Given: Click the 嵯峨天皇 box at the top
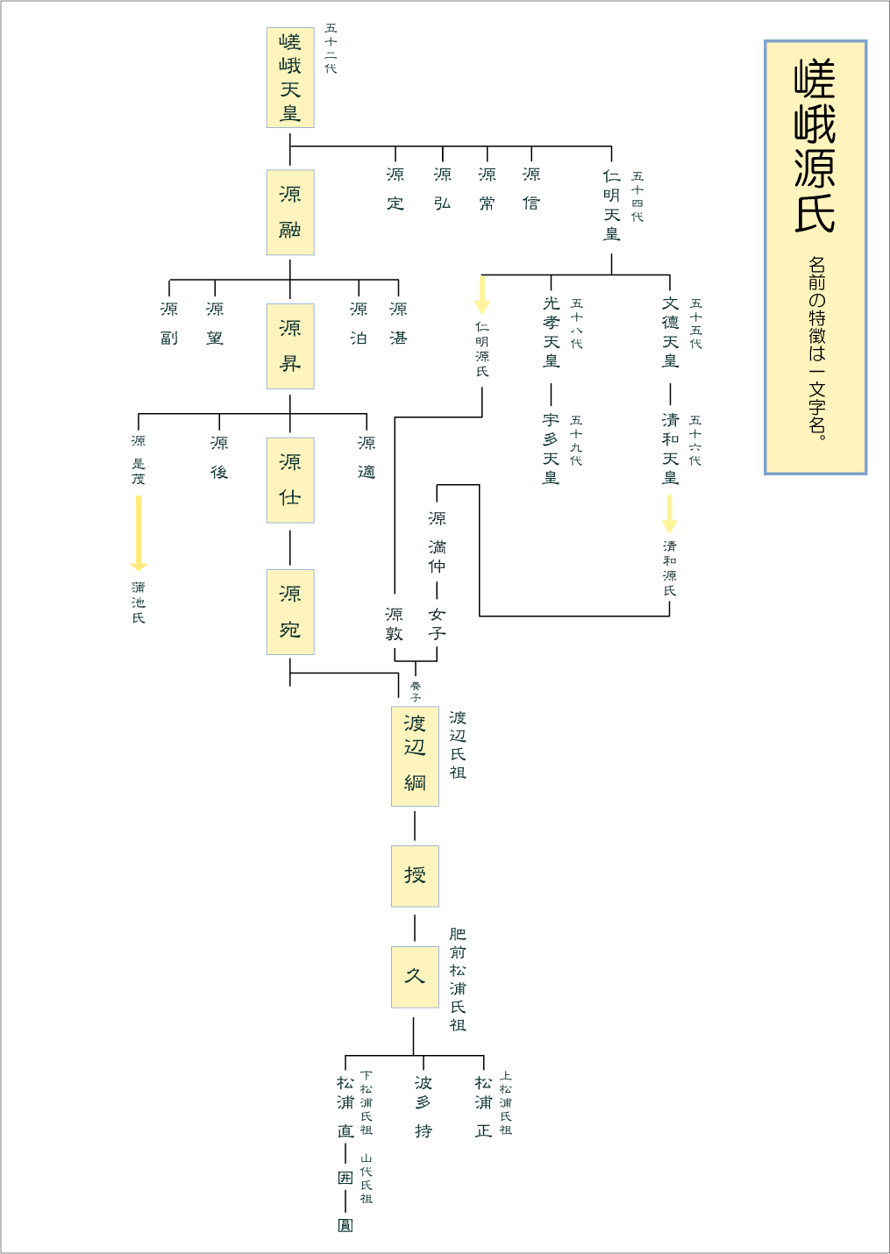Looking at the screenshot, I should click(x=290, y=77).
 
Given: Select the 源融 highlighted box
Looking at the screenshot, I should click(x=290, y=212).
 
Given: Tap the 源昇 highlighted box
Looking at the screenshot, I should click(x=290, y=346).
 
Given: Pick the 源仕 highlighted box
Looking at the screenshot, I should click(x=290, y=480).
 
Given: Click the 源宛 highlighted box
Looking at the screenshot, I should click(x=290, y=612).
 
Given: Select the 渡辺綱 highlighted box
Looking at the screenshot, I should click(x=415, y=756).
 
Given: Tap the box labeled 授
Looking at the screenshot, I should click(x=415, y=876).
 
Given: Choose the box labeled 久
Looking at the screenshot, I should click(x=415, y=977).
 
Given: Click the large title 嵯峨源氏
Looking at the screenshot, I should click(x=815, y=147).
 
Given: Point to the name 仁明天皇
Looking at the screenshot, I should click(x=612, y=205).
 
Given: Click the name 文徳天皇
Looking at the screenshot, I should click(x=671, y=332).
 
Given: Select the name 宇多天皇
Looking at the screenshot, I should click(x=551, y=448).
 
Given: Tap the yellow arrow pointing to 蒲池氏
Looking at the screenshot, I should click(x=139, y=533).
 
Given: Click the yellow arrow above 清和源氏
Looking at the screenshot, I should click(x=670, y=514).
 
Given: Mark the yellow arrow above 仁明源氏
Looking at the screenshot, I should click(x=482, y=295).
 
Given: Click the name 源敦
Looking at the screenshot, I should click(x=395, y=623).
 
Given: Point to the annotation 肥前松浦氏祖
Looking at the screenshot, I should click(x=458, y=980).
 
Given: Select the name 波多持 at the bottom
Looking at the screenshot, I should click(x=424, y=1107).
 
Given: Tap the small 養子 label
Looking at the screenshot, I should click(x=416, y=692).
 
